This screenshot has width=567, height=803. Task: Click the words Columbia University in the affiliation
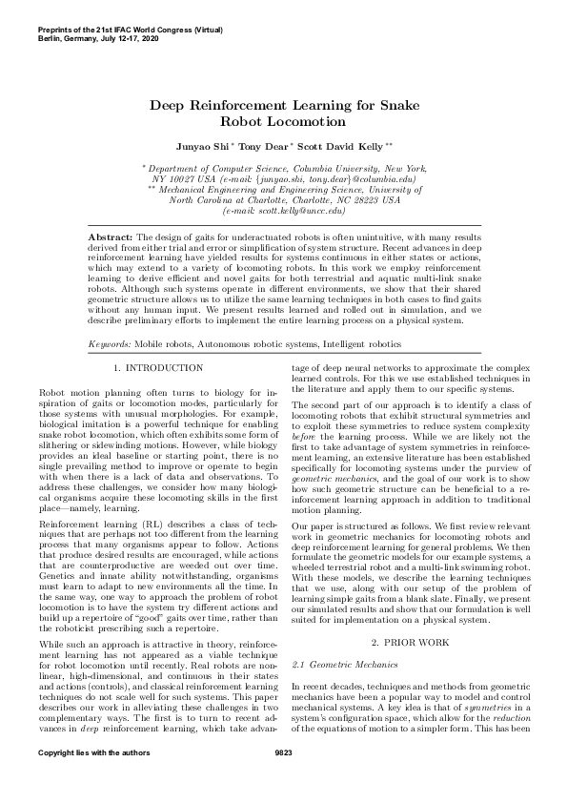[x=335, y=168]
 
